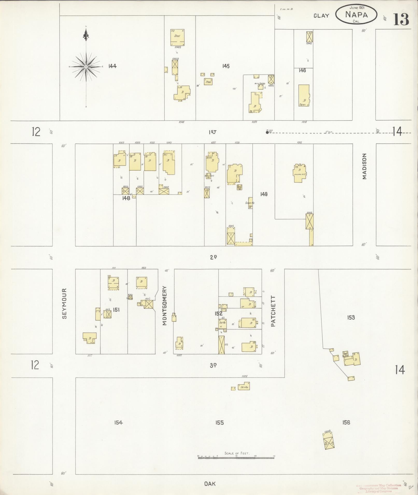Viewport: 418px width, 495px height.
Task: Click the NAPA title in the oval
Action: (x=356, y=14)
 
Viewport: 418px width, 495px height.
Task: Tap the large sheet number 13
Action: (x=401, y=19)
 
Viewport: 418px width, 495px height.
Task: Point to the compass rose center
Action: (x=86, y=67)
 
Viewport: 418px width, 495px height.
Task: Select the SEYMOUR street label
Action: (x=65, y=303)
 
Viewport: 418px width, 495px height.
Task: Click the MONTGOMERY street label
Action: (x=165, y=306)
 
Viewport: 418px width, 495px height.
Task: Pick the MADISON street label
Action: (x=365, y=166)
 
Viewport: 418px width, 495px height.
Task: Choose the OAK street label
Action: (x=210, y=484)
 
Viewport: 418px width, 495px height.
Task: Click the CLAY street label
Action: (x=321, y=16)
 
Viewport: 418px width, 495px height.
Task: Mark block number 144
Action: (x=112, y=66)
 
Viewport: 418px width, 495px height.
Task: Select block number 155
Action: (x=219, y=423)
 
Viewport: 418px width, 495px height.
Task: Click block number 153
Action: (x=351, y=317)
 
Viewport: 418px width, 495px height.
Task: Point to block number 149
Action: (x=264, y=194)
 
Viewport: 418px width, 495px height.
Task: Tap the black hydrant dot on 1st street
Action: (x=267, y=132)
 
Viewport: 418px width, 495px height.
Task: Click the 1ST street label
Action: (x=213, y=132)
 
